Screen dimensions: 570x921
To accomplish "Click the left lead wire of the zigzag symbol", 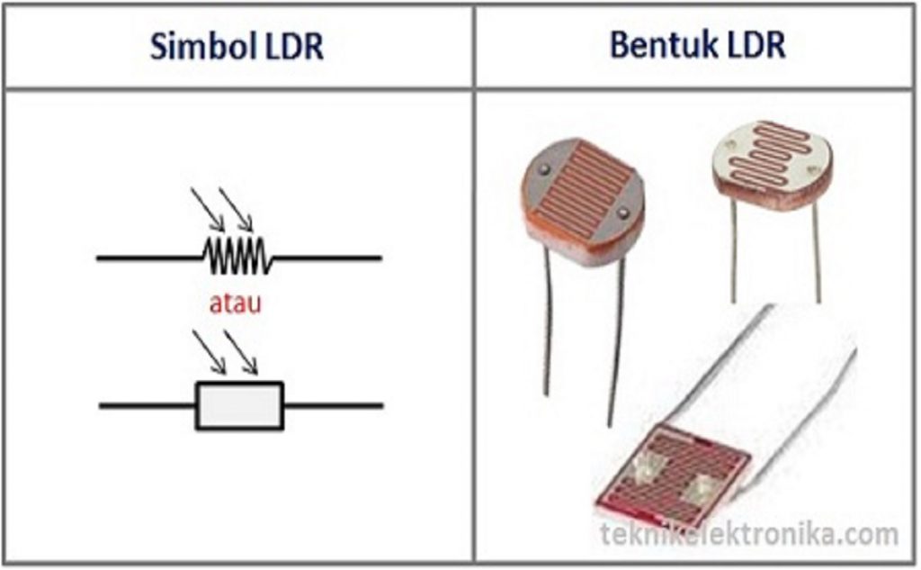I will (148, 258).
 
